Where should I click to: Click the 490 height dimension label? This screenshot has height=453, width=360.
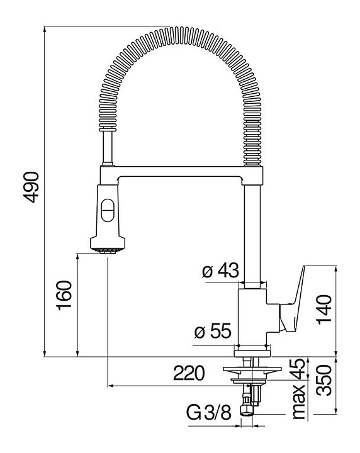[31, 187]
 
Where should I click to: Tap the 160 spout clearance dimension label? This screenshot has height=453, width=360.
[64, 295]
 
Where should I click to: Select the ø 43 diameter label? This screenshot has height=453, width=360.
[220, 271]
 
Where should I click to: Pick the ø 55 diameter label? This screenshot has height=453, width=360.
[213, 330]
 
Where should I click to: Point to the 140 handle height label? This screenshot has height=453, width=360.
[324, 310]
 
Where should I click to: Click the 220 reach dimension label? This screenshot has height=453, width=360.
[189, 372]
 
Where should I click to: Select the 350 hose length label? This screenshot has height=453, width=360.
[324, 380]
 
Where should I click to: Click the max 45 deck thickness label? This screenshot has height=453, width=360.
[299, 389]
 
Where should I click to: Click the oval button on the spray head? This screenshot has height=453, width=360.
[108, 210]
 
